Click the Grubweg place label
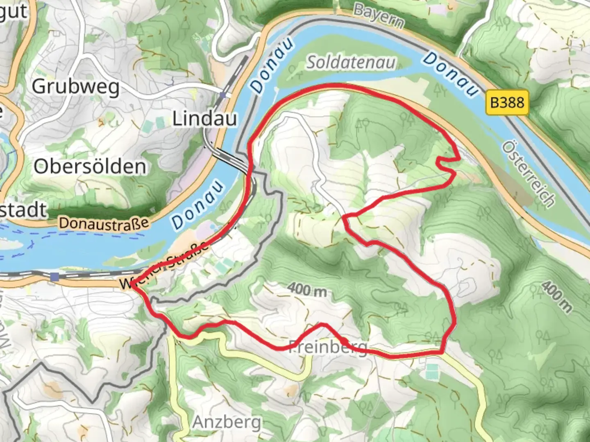[x=76, y=86]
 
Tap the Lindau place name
[x=204, y=119]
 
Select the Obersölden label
[x=90, y=167]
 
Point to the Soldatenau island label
[x=351, y=62]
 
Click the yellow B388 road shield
[x=507, y=102]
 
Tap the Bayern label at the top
[x=379, y=16]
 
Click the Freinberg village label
[x=328, y=347]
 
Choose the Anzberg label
[x=227, y=422]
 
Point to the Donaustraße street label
[x=104, y=223]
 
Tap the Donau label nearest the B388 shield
[x=450, y=74]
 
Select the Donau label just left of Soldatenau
[x=272, y=65]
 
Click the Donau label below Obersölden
[x=198, y=204]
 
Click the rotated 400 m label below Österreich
[x=556, y=296]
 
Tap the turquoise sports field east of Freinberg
[x=431, y=371]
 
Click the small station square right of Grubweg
[x=222, y=95]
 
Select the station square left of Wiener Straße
[x=55, y=277]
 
